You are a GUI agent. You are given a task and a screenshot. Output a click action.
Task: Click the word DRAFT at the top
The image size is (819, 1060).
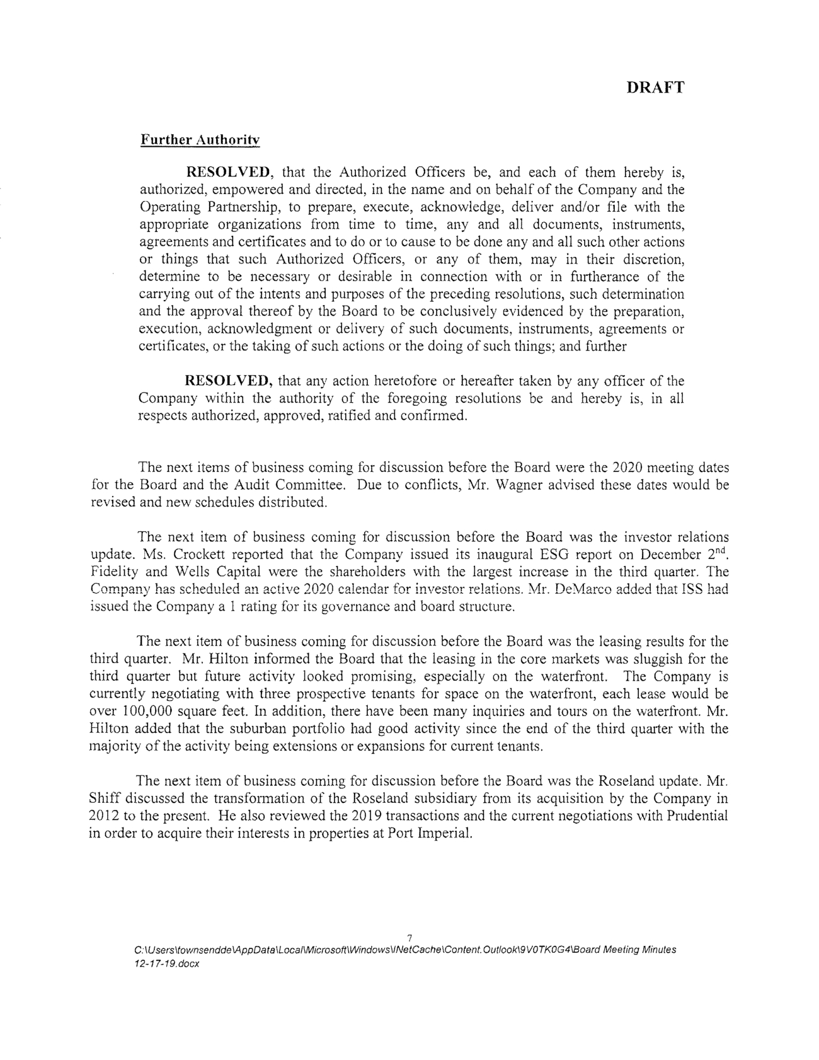655,88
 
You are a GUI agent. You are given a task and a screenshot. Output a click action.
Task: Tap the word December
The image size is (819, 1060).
670,555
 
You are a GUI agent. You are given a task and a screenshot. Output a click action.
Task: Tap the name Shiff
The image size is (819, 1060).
105,799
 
